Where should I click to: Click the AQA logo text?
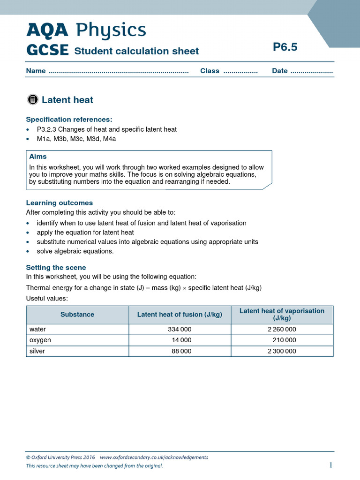(47, 30)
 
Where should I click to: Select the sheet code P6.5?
(285, 47)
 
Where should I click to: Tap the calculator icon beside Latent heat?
(32, 99)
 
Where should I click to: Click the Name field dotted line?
(118, 72)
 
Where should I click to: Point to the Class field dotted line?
(240, 72)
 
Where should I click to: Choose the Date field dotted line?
(311, 72)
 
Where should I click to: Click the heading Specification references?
(69, 119)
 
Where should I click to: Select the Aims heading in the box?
(38, 157)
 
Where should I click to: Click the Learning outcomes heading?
(60, 203)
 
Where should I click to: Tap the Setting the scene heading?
(56, 267)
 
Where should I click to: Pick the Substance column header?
(77, 315)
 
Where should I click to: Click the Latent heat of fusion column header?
(180, 315)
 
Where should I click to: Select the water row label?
(37, 330)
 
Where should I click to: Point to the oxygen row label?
(40, 340)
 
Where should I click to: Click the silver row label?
(37, 351)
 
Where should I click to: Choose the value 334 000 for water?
(180, 330)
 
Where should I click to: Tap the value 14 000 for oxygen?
(182, 340)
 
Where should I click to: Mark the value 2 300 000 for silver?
(282, 351)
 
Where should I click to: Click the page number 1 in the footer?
(330, 465)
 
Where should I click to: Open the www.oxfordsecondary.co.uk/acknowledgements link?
(154, 457)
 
